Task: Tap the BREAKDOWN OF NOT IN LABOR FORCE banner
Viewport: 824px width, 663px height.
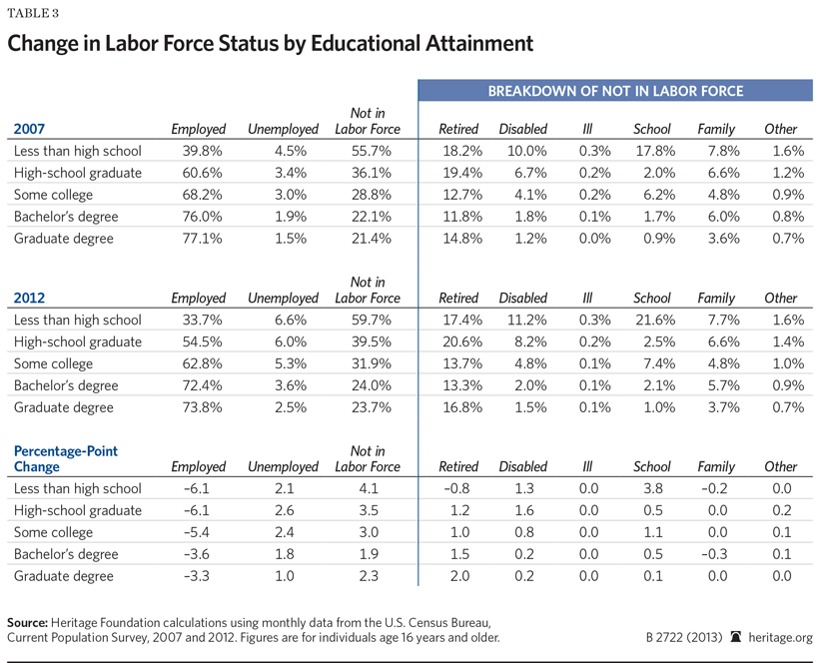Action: point(615,92)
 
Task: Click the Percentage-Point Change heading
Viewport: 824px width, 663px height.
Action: point(65,458)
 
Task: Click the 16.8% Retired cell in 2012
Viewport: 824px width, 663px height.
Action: point(458,407)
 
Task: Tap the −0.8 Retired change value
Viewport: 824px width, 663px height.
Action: point(458,488)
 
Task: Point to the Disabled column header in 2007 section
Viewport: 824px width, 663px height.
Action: point(523,129)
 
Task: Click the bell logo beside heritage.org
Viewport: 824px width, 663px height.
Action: point(737,637)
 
